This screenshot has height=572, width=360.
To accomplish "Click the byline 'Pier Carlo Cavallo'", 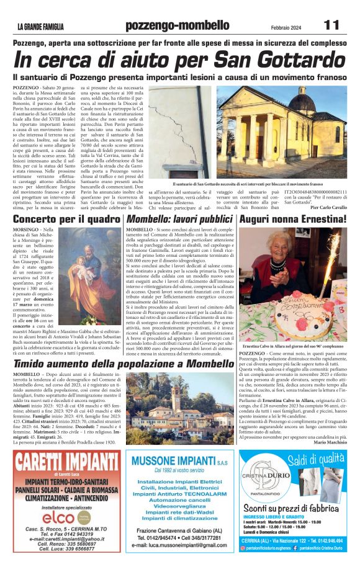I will (x=326, y=207).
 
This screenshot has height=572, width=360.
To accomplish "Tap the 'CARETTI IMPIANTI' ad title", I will (x=63, y=462).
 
